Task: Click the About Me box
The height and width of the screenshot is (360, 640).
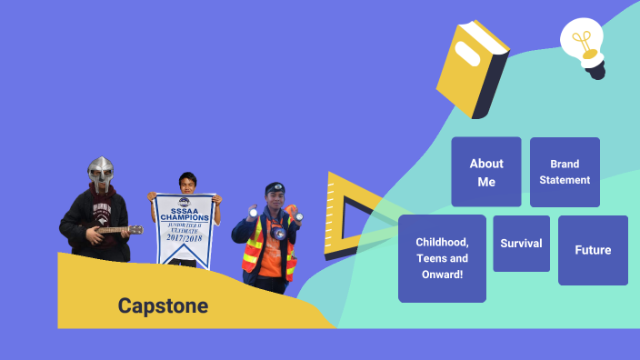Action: click(486, 172)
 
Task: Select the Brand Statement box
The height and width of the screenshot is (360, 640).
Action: click(565, 172)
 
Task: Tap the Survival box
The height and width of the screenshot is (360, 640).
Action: click(521, 243)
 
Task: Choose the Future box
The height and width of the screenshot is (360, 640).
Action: click(593, 250)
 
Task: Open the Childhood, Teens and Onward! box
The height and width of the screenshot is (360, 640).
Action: click(442, 258)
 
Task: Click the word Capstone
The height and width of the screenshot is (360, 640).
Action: click(163, 306)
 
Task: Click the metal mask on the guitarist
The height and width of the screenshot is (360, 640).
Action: click(100, 170)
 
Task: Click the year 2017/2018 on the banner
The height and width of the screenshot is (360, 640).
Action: click(185, 242)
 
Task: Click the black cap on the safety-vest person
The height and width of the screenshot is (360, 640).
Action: click(275, 188)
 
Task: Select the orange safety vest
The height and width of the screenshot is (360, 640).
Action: click(269, 251)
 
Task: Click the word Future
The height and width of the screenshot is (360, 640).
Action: click(593, 250)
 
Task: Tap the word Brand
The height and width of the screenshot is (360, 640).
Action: click(565, 165)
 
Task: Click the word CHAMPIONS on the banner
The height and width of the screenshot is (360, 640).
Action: click(185, 218)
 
